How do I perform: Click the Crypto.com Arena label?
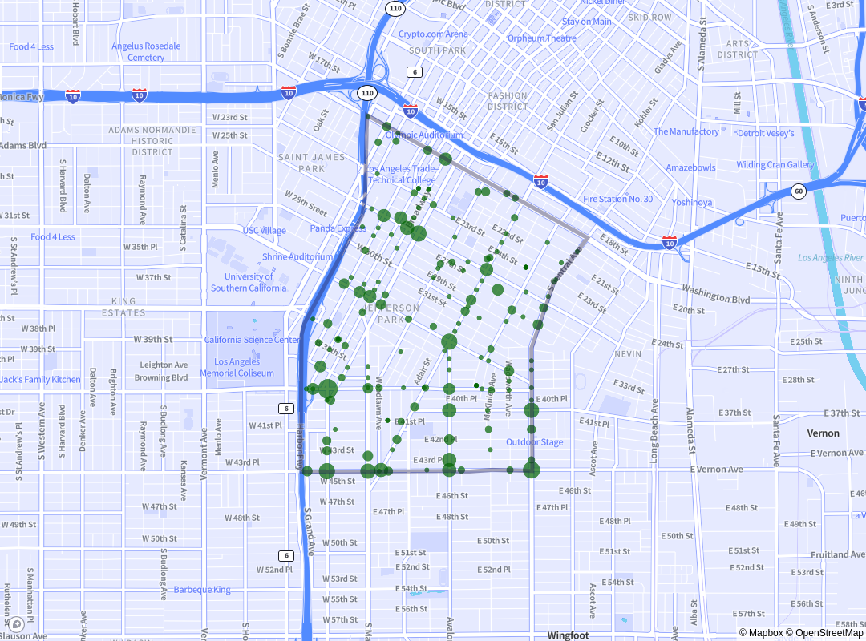433,34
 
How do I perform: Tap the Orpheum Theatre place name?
541,38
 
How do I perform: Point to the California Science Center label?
253,340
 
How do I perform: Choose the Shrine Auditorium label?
297,257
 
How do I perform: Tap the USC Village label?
264,231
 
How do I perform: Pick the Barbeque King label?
202,590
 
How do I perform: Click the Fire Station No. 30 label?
617,199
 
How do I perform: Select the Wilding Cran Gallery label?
775,165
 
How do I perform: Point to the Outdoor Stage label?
534,442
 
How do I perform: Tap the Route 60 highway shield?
799,191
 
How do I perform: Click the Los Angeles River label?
831,258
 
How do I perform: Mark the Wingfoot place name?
568,635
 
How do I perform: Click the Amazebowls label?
690,167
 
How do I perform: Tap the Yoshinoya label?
691,202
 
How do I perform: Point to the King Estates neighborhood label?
123,307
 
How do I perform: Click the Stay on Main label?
586,22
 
